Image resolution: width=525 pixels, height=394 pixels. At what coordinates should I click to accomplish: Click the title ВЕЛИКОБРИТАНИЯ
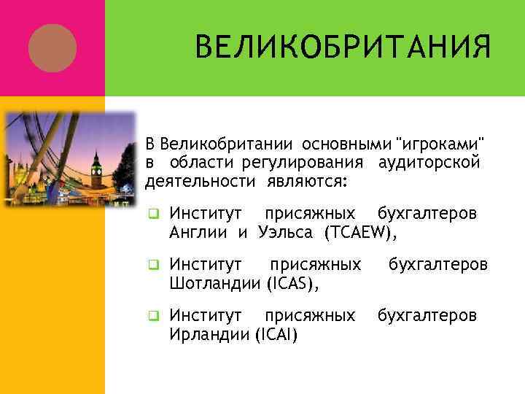[x=342, y=49]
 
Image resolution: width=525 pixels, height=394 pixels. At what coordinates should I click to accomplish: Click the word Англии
[x=199, y=232]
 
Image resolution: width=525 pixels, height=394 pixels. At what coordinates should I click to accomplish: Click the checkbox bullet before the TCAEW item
[x=153, y=215]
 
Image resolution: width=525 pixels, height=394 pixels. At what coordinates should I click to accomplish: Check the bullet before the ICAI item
[x=153, y=316]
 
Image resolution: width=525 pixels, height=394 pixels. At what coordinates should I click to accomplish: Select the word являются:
[x=305, y=179]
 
